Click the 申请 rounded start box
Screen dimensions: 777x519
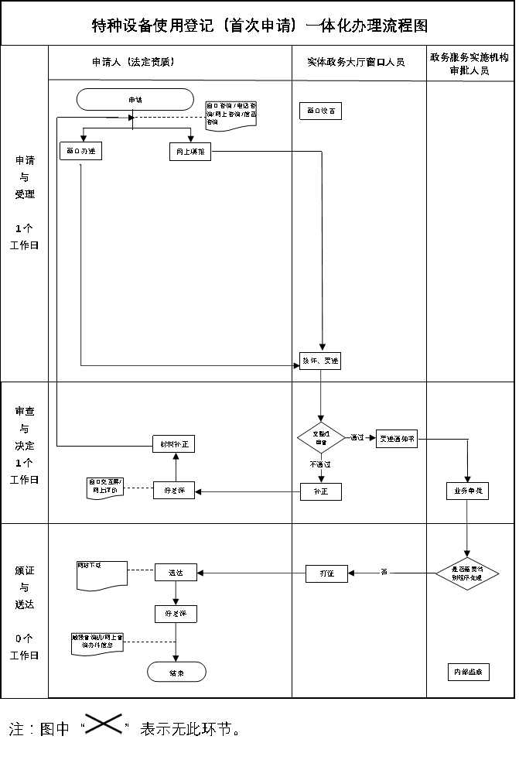135,99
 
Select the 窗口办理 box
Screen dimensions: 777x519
81,152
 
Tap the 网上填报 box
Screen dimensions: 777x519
190,152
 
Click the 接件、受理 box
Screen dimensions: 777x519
320,361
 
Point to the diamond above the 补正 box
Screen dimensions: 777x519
320,438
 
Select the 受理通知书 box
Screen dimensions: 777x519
397,438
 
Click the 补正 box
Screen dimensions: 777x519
320,491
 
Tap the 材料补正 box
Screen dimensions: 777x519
173,443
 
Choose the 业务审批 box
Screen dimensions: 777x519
467,491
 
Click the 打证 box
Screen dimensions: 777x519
326,573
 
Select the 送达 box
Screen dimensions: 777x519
176,573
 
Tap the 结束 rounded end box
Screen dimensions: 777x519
176,672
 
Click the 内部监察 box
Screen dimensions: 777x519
468,672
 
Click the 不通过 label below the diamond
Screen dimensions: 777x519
320,464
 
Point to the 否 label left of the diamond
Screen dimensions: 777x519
384,572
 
